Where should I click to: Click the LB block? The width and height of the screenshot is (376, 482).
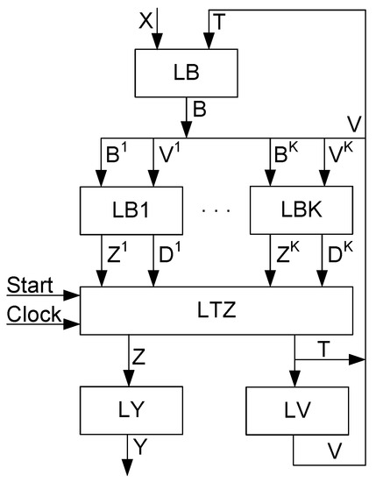tap(187, 72)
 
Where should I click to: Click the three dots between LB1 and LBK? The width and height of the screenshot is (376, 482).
tap(215, 211)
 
